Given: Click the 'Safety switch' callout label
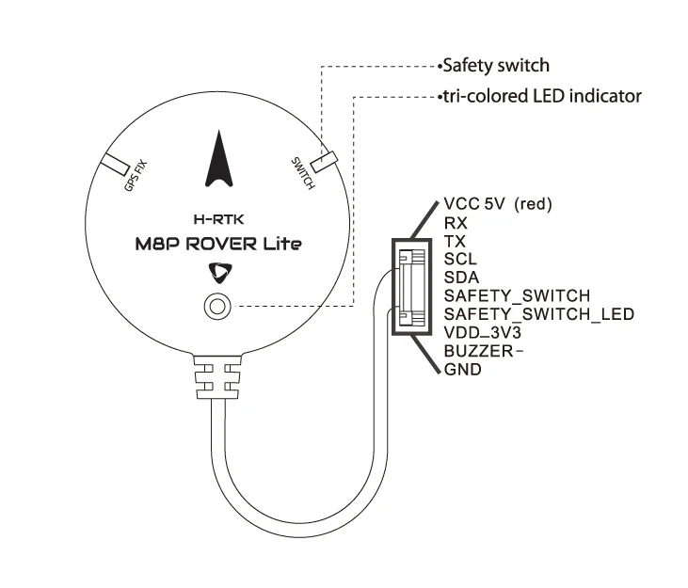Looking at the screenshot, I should click(x=496, y=66).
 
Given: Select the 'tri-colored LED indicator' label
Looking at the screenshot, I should click(x=543, y=96).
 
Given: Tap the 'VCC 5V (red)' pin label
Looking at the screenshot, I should click(x=497, y=204).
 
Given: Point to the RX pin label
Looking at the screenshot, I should click(x=455, y=223).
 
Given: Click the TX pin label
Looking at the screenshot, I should click(x=454, y=241).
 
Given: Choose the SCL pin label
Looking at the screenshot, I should click(x=460, y=259).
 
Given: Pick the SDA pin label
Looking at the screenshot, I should click(x=461, y=277).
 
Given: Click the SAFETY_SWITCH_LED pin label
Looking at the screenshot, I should click(x=538, y=313).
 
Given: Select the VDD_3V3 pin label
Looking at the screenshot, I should click(x=479, y=332).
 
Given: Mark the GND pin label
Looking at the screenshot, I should click(x=462, y=370).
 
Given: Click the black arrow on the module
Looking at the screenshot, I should click(x=217, y=160).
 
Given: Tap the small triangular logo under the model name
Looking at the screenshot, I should click(x=218, y=272).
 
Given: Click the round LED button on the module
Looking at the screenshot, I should click(x=217, y=306).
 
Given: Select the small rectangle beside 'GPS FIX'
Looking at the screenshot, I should click(x=116, y=163).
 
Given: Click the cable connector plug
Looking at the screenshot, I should click(x=411, y=285).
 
